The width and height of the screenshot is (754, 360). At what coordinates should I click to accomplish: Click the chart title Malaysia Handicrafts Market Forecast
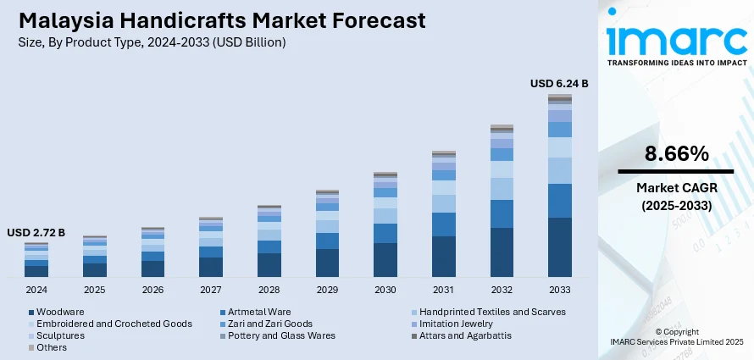tap(220, 19)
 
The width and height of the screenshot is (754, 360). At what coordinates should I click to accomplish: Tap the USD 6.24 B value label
tap(559, 83)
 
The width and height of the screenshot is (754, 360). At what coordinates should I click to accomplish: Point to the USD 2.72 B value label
tap(36, 232)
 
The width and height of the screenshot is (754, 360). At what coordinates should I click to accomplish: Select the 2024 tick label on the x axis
tap(36, 289)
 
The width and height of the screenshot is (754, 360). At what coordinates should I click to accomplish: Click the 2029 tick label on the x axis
tap(327, 289)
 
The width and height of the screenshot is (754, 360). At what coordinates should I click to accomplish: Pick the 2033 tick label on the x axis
tap(559, 289)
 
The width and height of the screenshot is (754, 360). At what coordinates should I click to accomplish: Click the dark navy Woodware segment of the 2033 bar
tap(559, 247)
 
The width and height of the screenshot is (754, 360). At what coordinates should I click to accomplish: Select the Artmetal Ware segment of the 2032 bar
tap(502, 213)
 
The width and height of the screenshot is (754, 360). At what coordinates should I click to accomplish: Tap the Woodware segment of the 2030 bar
tap(385, 260)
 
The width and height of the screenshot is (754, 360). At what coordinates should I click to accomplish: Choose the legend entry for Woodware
tap(59, 312)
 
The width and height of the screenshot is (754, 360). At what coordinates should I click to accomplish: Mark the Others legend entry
tap(53, 347)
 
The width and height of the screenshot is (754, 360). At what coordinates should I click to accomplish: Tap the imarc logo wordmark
tap(676, 38)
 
